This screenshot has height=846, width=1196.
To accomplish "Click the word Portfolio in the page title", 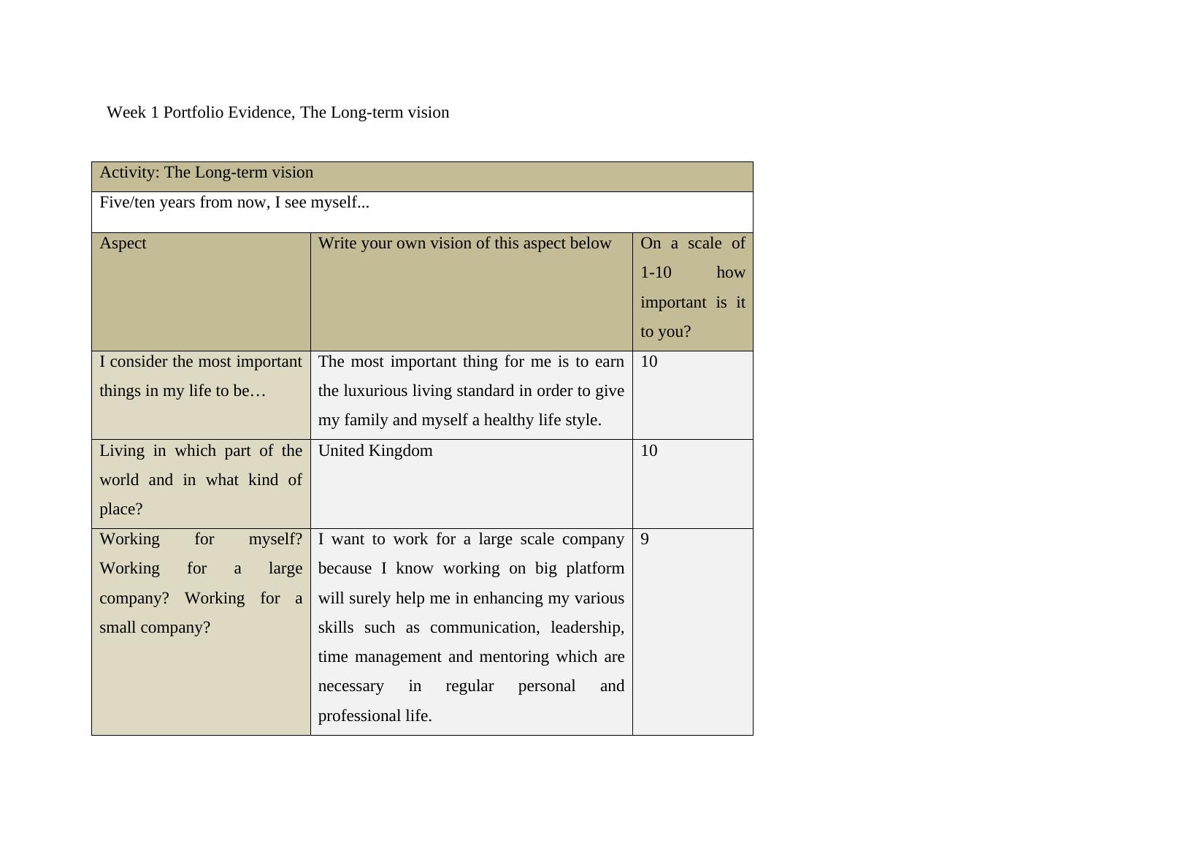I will point(193,113).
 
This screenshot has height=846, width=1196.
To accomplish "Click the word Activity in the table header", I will point(129,172).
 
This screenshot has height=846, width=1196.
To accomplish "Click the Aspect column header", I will point(123,243).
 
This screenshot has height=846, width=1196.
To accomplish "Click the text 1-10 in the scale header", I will point(656,273).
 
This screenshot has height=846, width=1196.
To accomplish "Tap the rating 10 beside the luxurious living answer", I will point(648,362).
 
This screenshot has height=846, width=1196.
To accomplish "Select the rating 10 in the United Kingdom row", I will point(648,451).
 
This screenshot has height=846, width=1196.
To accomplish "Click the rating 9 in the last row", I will point(645,539).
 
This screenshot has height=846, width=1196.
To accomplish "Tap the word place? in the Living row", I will point(121,509).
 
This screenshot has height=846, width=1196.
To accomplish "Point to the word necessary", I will point(351,686).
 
